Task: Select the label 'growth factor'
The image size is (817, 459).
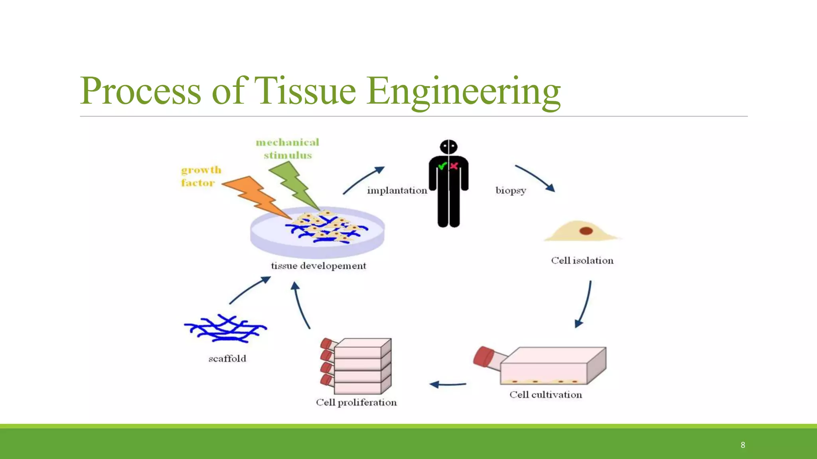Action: (201, 176)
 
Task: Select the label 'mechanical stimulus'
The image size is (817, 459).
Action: (287, 149)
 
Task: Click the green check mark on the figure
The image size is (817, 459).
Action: (442, 166)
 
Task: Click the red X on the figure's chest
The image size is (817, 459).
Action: (454, 166)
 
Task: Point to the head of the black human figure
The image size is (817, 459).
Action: (449, 147)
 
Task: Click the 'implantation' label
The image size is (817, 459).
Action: (397, 190)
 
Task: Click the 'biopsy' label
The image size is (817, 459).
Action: (511, 190)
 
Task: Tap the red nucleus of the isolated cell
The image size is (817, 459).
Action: (586, 231)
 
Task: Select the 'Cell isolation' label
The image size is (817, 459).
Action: (582, 261)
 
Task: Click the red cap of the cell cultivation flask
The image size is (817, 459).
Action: (483, 356)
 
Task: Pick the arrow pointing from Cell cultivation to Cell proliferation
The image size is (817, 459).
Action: (448, 384)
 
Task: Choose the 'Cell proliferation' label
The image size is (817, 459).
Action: (356, 402)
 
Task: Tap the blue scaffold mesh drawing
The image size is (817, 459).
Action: (225, 328)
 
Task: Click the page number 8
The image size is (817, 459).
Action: (743, 445)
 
